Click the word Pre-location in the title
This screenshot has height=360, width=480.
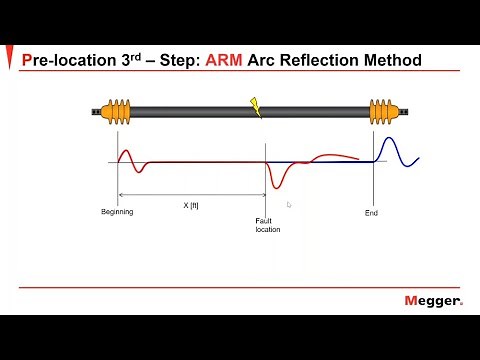pos(64,61)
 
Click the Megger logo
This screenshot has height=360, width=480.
pos(433,301)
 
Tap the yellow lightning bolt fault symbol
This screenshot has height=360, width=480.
pos(256,107)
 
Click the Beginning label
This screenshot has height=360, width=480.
pos(117,212)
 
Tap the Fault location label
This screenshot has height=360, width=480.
pos(267,225)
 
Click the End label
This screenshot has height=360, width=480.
pos(371,212)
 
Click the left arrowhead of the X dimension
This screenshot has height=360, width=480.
pos(121,194)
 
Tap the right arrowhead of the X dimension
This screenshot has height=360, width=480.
pos(262,194)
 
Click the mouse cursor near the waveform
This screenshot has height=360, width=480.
pos(288,204)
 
